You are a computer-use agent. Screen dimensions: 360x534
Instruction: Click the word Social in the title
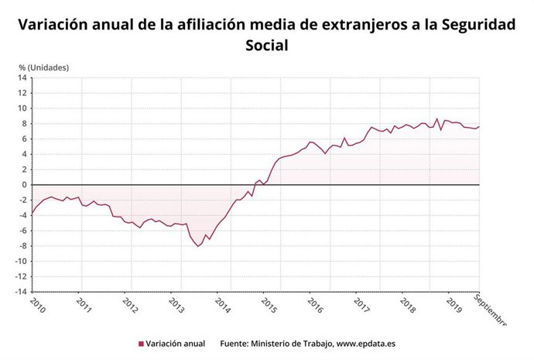point(266,46)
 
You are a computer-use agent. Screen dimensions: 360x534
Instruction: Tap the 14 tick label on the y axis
point(22,77)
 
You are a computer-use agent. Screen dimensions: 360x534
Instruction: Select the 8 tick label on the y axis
point(25,124)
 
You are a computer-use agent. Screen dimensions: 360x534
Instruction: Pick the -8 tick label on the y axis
point(22,246)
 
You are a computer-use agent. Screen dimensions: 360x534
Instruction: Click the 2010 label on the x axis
point(37,305)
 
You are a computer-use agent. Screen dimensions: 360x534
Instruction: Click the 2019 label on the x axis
point(453,305)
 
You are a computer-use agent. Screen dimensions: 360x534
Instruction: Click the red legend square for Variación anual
point(141,344)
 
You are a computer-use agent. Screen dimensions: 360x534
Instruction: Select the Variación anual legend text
point(176,344)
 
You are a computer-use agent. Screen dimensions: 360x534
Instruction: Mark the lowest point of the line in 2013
point(198,246)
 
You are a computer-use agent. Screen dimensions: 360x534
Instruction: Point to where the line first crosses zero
point(255,184)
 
